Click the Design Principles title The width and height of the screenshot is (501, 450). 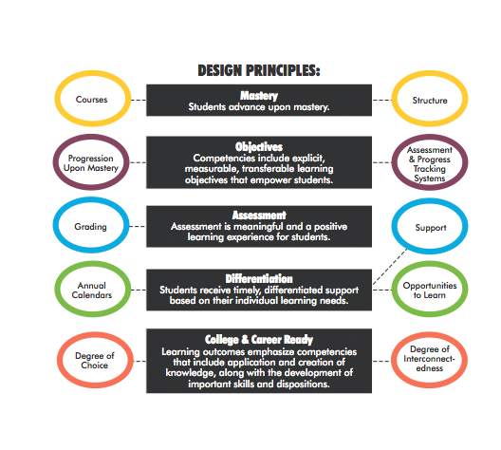click(x=259, y=70)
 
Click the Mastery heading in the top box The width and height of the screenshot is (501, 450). click(x=259, y=96)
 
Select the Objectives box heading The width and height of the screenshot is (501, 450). click(x=259, y=147)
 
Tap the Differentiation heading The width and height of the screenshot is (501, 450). click(x=259, y=279)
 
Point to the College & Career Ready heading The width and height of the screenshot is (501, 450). click(x=259, y=340)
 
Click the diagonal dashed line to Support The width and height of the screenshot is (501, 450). click(x=390, y=266)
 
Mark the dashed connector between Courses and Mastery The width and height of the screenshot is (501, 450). click(x=139, y=100)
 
